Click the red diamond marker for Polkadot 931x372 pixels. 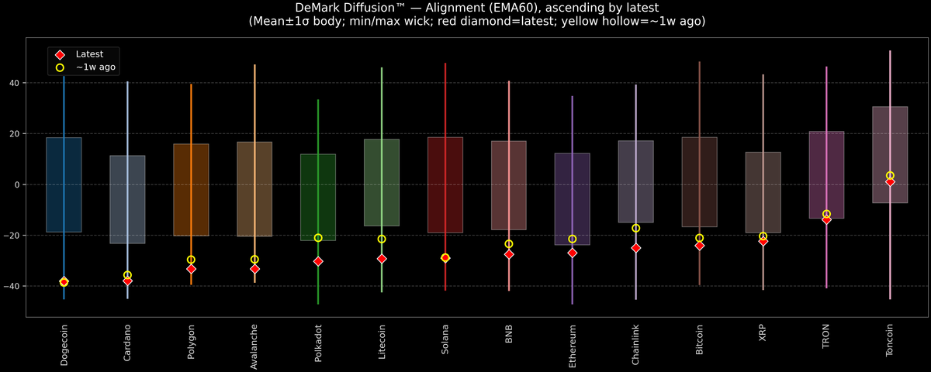318,261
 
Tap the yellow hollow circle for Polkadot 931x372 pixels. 318,238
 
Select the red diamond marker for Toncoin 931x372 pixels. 890,181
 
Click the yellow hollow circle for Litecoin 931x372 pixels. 382,239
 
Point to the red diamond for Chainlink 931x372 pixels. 636,248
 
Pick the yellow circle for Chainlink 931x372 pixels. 636,228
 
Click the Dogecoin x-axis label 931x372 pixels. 64,345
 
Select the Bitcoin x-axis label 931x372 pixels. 700,340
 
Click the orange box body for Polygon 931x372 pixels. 191,190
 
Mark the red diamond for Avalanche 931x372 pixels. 254,269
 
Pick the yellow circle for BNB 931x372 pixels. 509,244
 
